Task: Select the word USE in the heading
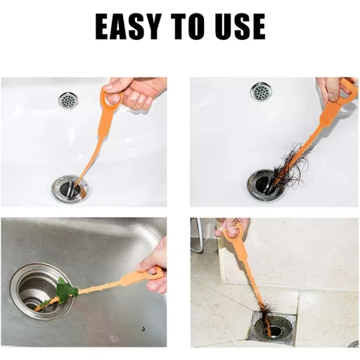241,27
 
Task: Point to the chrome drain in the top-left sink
69,189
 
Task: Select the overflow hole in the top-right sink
261,91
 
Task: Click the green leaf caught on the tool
65,290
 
